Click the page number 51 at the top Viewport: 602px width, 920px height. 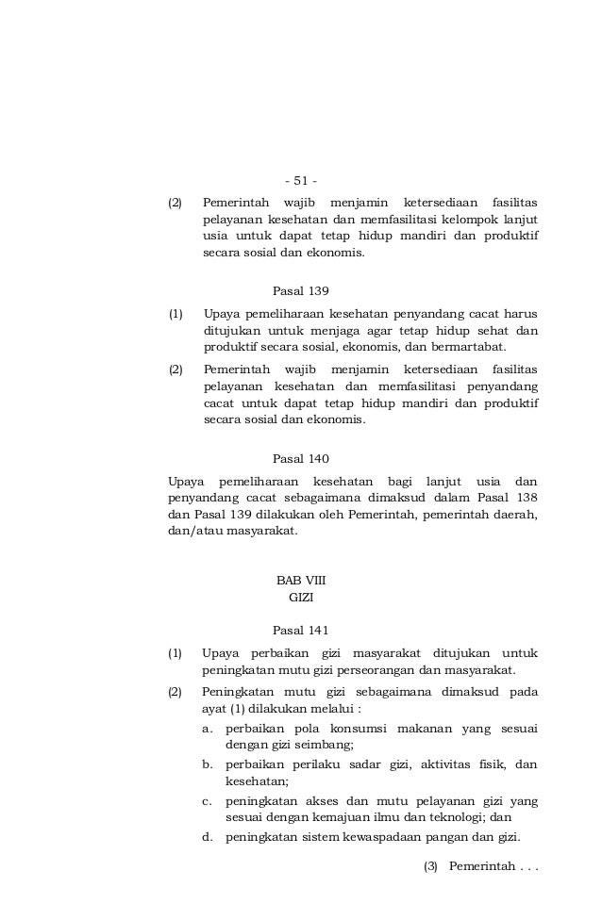tap(301, 181)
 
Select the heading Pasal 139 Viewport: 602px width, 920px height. tap(300, 290)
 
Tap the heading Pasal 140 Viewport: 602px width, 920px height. tap(300, 459)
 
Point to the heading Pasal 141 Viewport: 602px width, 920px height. tap(300, 630)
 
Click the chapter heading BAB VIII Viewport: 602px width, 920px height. tap(300, 580)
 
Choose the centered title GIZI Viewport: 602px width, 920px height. tap(300, 598)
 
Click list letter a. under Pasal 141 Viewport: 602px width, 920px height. tap(207, 729)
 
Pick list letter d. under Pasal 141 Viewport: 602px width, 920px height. tap(207, 838)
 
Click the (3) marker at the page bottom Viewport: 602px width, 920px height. tap(431, 866)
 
